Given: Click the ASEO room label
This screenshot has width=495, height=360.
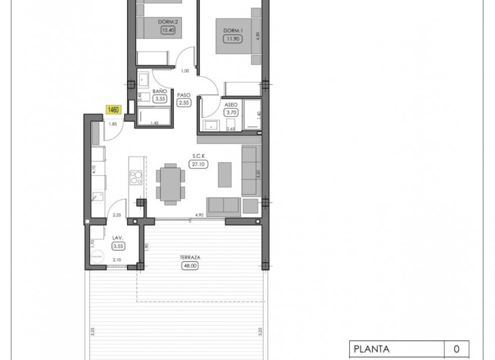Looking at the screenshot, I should point(231,105).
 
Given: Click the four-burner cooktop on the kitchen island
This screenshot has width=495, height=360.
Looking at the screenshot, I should point(136,178).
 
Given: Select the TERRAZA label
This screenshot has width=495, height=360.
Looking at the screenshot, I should point(190,258).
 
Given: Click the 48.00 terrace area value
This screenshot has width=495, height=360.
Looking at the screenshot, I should point(190,267).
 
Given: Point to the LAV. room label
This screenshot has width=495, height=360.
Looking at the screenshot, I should point(118,238).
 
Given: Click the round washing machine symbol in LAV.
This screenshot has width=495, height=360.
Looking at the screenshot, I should point(99,254).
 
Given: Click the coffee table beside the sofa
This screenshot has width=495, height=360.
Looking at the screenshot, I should point(225,174).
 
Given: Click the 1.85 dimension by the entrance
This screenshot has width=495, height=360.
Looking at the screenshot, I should point(113,124).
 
